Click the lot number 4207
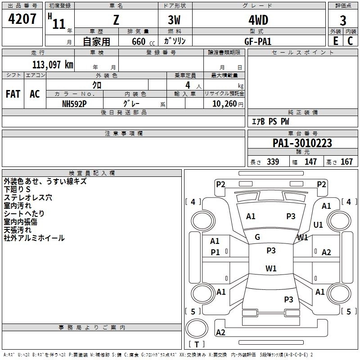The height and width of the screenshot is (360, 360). [22, 20]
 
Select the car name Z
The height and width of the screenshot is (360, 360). [116, 20]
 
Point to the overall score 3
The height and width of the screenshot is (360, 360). [343, 20]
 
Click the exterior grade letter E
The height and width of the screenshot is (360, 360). [335, 41]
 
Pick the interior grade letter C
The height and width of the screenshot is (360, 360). [350, 41]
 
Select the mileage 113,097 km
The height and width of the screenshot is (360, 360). [52, 64]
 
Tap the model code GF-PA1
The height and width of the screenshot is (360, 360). [258, 41]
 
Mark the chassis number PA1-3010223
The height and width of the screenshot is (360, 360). [302, 143]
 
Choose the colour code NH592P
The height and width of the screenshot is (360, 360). [74, 103]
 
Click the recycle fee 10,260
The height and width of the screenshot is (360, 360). [224, 103]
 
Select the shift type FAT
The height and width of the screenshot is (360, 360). [13, 94]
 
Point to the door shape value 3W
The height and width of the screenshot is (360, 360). [175, 20]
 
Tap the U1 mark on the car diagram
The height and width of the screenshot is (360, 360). [318, 225]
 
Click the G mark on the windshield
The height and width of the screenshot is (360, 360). [257, 237]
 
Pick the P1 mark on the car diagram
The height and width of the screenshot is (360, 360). [216, 252]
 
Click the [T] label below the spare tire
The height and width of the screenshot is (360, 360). [196, 344]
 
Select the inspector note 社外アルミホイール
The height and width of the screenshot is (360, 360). [34, 238]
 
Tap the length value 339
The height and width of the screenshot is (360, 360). [273, 162]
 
